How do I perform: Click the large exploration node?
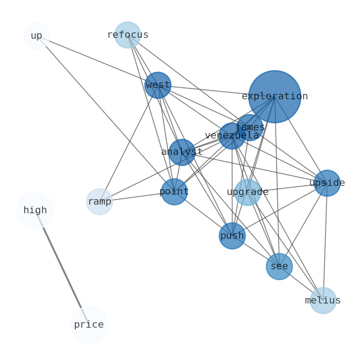point(274,97)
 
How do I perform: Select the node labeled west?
point(158,85)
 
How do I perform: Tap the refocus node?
point(128,35)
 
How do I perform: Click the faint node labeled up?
point(36,36)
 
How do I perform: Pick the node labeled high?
point(35,211)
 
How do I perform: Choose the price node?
point(89,325)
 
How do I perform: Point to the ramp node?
point(99,201)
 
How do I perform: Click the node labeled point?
point(174,192)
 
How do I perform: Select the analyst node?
point(182,152)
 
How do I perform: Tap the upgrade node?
point(248,192)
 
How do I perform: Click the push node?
point(232,236)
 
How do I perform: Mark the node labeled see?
point(279,267)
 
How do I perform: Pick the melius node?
point(323,301)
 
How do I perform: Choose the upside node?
point(327,183)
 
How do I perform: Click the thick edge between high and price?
point(62,268)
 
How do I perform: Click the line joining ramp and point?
point(137,196)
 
